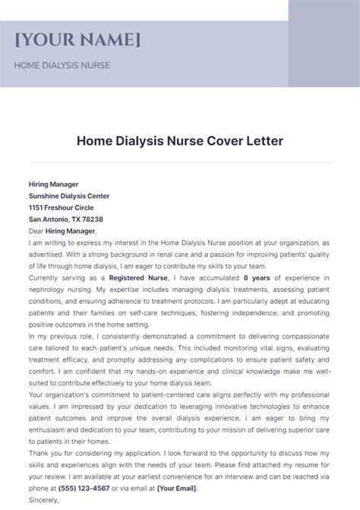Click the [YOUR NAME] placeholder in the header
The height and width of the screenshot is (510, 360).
(77, 40)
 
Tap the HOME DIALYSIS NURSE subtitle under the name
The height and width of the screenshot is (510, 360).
(62, 65)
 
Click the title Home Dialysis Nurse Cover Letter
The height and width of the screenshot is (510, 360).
(180, 141)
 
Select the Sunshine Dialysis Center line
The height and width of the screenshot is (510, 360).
(69, 195)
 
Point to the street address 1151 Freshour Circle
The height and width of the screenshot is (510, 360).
(62, 207)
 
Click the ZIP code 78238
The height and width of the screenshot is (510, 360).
(91, 219)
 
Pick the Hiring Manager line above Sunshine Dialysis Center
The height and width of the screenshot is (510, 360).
(53, 184)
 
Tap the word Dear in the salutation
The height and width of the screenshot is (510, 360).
(36, 231)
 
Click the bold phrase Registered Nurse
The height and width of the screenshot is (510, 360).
(124, 278)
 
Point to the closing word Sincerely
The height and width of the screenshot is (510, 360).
(44, 500)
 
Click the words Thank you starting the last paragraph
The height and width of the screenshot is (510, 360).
(46, 453)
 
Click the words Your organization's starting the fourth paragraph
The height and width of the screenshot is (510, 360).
(60, 394)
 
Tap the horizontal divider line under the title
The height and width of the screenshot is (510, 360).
(180, 163)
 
